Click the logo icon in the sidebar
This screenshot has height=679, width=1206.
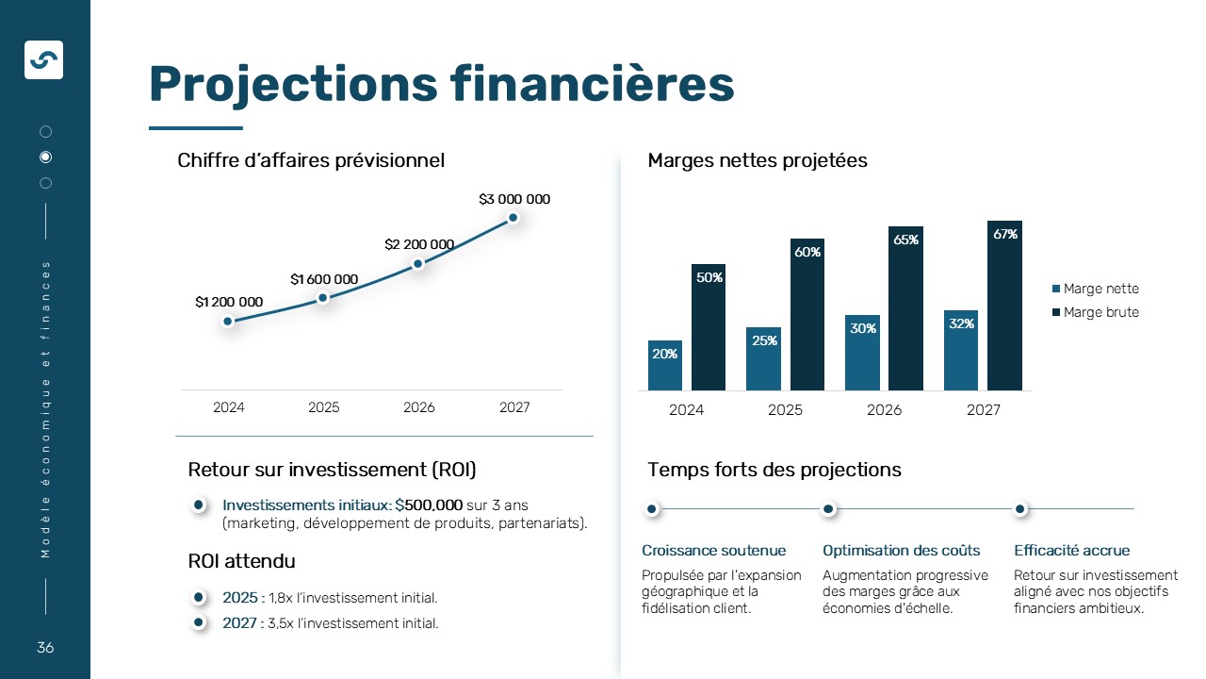[43, 59]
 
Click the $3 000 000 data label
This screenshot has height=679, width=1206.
[514, 200]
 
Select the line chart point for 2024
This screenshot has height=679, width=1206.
[228, 322]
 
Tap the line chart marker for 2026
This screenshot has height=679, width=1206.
[418, 264]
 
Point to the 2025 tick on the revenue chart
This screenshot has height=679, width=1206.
[323, 407]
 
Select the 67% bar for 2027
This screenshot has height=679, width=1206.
[1004, 306]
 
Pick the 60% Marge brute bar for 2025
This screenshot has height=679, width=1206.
[807, 315]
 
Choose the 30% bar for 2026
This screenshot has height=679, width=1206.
[862, 353]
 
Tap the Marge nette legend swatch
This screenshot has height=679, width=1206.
[1056, 290]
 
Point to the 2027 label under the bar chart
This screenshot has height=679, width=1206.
[984, 410]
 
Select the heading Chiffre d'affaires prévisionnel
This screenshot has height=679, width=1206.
[311, 160]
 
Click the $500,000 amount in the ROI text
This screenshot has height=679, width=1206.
[429, 505]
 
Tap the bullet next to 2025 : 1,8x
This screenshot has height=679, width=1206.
[199, 597]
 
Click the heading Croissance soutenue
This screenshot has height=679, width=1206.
[713, 551]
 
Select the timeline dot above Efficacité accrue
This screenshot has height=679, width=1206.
[1019, 509]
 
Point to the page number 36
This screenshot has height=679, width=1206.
[45, 648]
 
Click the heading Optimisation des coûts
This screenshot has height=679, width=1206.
[901, 551]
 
